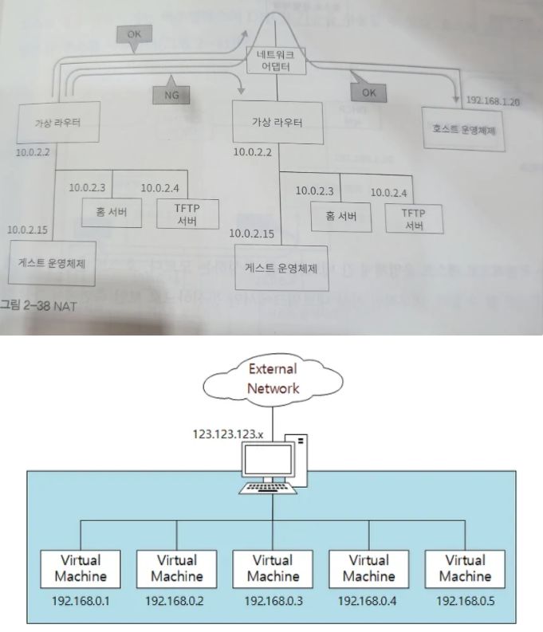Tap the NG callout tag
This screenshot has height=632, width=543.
170,94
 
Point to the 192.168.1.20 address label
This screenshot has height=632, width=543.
493,102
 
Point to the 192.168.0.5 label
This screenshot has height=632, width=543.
465,600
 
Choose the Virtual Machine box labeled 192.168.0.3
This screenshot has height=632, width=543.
273,567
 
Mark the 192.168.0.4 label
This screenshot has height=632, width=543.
369,600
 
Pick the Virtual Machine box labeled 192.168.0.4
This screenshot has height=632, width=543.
369,567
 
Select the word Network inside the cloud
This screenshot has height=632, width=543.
273,388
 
